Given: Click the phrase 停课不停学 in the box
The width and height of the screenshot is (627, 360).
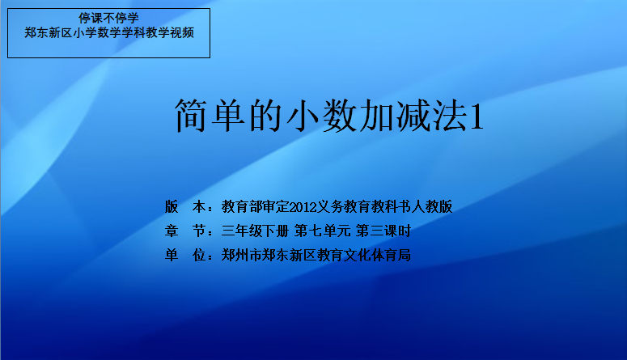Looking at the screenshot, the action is point(108,18).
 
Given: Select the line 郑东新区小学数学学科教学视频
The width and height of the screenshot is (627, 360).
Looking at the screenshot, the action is point(109,32).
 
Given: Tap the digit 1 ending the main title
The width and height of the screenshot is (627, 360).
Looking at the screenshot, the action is point(477,116).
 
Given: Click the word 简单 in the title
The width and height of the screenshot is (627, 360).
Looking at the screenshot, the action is point(210,116).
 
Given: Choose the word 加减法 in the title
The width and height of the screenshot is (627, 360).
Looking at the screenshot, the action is point(413,116).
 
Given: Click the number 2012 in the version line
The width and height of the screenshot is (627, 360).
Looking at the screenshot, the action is point(303,207).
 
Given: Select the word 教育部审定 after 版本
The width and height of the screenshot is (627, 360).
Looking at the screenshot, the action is point(255,207).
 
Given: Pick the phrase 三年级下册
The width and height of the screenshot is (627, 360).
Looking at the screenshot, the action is point(255,231).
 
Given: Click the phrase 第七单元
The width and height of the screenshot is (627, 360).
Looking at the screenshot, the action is point(323,231).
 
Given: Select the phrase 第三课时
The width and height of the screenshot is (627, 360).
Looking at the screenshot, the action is point(383,231).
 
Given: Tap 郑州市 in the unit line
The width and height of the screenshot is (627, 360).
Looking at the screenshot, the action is point(242,255).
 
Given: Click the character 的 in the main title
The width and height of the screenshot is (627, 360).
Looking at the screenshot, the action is point(265,116).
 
